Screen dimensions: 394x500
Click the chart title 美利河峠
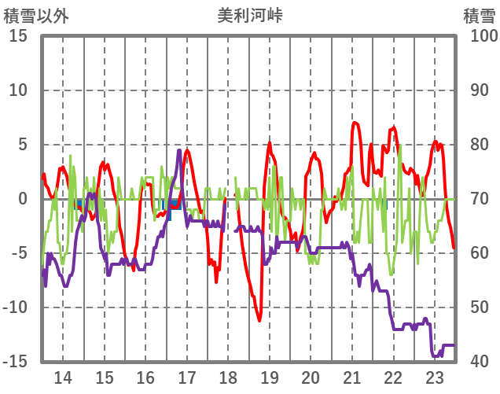(251, 16)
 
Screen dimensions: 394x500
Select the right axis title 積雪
(479, 16)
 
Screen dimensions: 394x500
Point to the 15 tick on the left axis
(18, 36)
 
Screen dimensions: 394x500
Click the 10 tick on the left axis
(18, 90)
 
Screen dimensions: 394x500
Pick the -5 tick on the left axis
(18, 253)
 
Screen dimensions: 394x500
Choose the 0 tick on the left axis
(23, 199)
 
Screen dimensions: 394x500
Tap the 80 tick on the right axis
(480, 145)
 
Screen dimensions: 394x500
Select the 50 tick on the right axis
(480, 307)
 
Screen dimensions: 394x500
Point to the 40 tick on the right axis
(480, 362)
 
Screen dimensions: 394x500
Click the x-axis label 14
(63, 377)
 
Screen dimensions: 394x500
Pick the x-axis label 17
(187, 377)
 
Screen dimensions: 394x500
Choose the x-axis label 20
(311, 377)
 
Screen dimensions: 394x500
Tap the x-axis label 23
(435, 377)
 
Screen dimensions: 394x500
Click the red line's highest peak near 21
(355, 123)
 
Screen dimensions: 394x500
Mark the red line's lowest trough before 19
(259, 320)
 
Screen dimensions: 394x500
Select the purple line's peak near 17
(179, 150)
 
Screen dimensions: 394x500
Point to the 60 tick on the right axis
(480, 253)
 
